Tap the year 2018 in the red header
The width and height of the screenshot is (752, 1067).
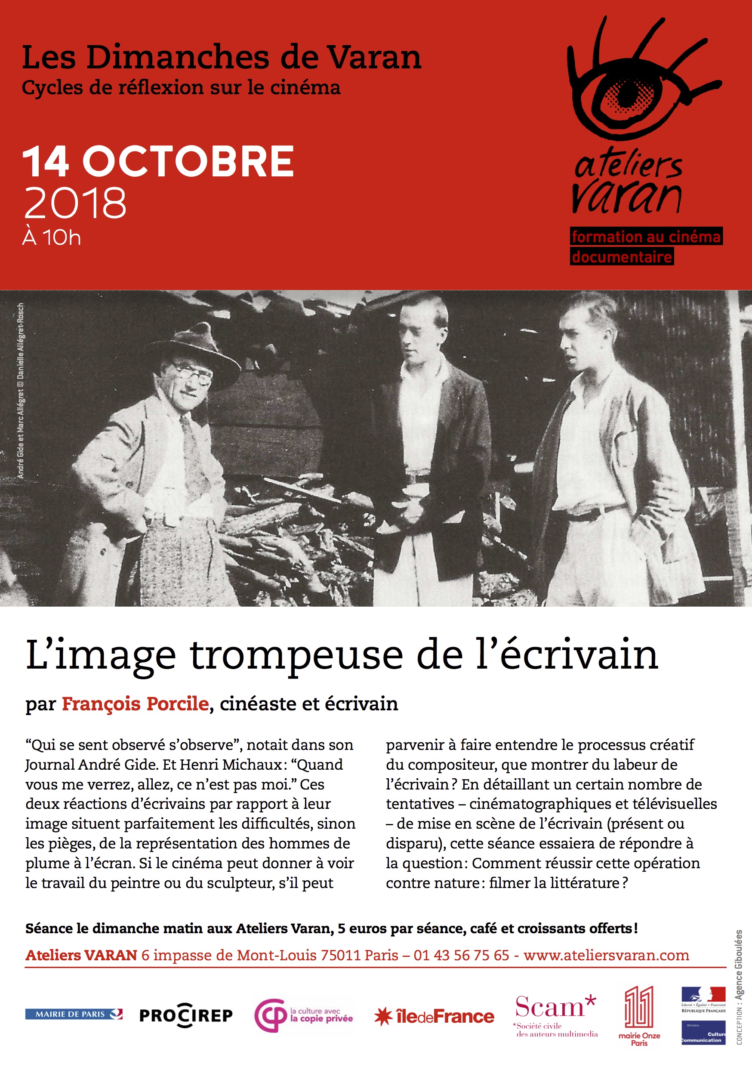tap(75, 203)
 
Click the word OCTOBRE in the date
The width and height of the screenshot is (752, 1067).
tap(188, 162)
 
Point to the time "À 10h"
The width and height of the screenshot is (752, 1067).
tap(52, 238)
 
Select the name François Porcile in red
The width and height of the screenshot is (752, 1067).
tap(135, 703)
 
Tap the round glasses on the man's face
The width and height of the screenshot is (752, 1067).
tap(193, 376)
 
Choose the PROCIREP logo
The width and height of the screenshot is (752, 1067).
tap(186, 1015)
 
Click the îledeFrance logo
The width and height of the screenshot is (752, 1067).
tap(434, 1017)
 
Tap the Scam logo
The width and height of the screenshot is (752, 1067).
tap(556, 1015)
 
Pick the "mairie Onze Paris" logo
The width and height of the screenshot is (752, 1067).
tap(639, 1016)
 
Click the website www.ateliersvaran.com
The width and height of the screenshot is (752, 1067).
tap(606, 955)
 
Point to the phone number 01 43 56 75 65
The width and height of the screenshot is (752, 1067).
tap(461, 955)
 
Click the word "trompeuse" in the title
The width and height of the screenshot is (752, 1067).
tap(296, 655)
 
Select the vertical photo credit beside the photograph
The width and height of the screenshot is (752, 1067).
tap(21, 390)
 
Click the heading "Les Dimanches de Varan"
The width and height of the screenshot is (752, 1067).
tap(221, 58)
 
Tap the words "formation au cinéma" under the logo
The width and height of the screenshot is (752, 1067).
tap(646, 237)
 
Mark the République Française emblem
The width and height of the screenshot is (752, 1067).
tap(703, 1000)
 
